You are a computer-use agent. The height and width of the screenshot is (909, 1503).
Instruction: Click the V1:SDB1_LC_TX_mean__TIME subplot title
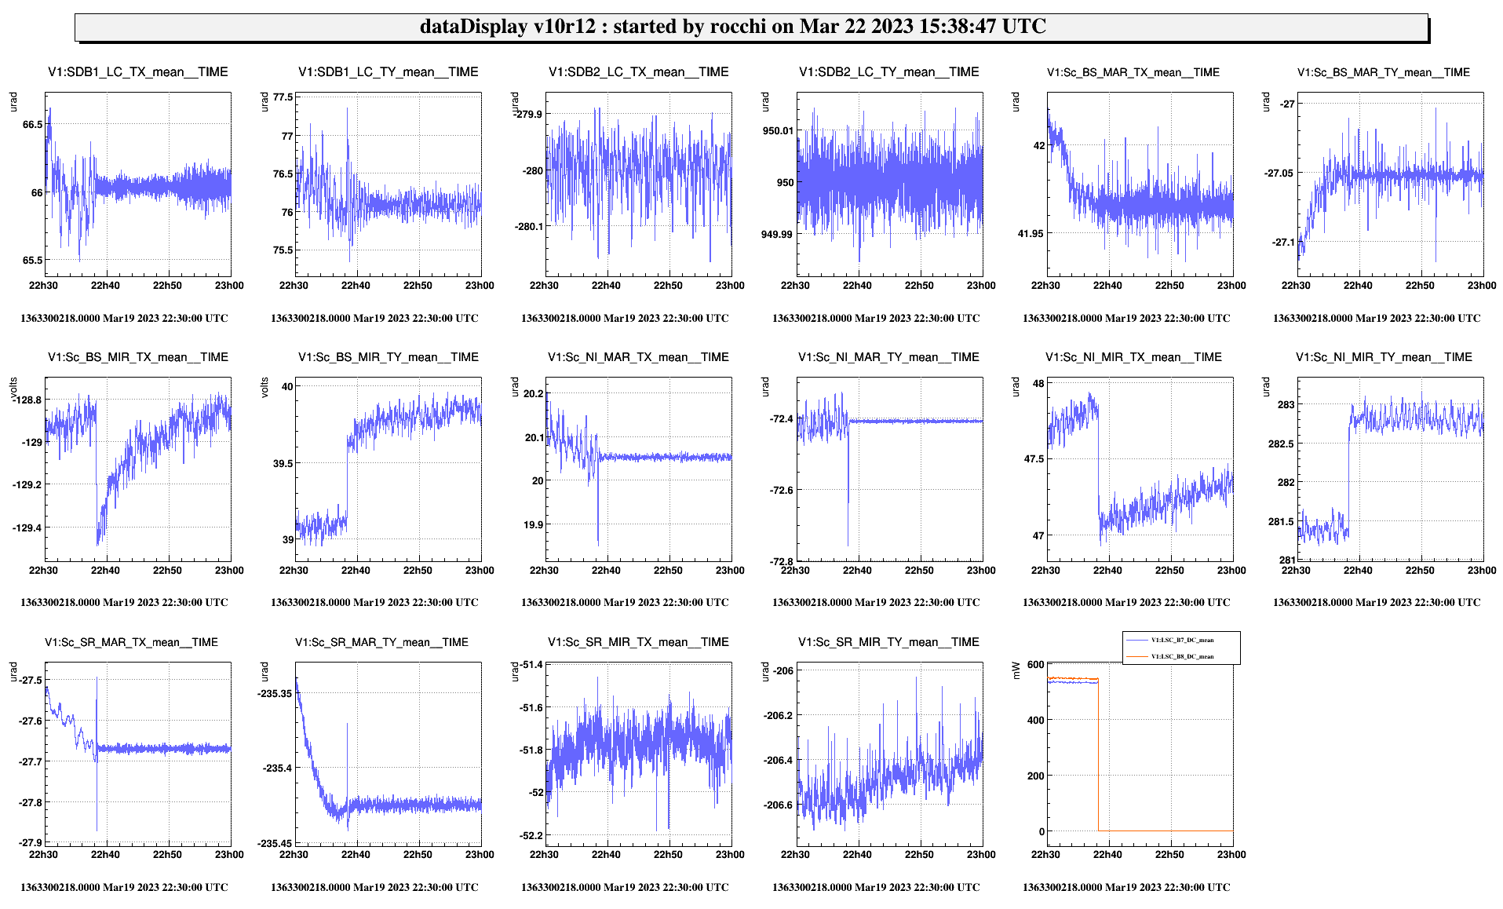point(138,72)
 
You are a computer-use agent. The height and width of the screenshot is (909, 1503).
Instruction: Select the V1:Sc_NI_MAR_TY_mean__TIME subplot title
point(888,357)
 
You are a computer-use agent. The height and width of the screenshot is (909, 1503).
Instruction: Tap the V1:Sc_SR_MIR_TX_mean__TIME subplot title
point(638,642)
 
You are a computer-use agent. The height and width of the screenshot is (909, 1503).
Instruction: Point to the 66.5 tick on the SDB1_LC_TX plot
point(33,125)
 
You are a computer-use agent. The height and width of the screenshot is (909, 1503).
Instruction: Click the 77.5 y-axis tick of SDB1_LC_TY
point(283,97)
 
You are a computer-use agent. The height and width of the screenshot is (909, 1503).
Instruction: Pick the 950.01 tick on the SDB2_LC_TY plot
point(778,131)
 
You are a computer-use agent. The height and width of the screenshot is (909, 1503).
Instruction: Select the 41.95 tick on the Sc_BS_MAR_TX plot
point(1031,234)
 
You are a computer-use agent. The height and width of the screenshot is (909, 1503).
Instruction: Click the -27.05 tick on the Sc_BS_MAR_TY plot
point(1279,173)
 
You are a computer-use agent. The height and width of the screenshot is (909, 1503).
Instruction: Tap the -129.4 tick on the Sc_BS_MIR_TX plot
point(27,528)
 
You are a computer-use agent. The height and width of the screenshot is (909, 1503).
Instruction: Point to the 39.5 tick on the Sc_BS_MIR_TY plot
point(283,464)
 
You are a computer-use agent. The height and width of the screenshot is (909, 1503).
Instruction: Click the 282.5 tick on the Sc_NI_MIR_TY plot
point(1281,444)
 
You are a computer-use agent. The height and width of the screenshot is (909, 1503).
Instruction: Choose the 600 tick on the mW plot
point(1036,665)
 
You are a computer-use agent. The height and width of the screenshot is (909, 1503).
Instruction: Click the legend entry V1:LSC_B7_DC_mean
point(1182,641)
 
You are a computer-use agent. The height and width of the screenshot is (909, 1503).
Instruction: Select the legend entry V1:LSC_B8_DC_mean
point(1182,656)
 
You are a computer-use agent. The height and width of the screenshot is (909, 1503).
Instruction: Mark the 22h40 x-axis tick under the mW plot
point(1107,855)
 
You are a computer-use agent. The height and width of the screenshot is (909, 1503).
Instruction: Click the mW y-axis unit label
point(1016,670)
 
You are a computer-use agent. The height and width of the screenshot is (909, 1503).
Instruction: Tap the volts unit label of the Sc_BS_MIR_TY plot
point(264,388)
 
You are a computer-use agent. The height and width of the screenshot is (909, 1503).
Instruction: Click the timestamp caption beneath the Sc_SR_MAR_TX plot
point(124,888)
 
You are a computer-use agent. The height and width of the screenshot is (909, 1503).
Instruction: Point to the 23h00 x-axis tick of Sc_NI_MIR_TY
point(1482,571)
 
